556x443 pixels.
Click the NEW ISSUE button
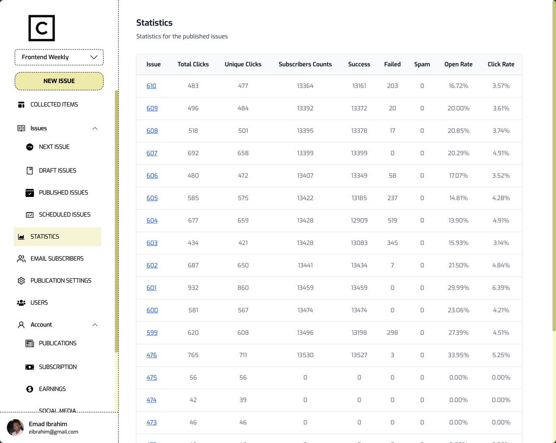pos(59,81)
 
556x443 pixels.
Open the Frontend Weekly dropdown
pos(59,57)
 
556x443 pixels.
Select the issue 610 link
pos(151,86)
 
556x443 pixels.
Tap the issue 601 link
pos(151,288)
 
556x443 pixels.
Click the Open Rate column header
pos(458,64)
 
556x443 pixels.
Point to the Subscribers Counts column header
pos(305,64)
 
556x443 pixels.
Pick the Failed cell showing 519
pos(392,221)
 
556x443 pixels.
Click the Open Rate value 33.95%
pos(458,355)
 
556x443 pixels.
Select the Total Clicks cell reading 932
pos(193,288)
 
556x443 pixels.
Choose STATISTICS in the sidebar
pos(45,237)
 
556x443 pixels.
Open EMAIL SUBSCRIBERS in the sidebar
pos(57,259)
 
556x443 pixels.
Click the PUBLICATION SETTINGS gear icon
pos(21,281)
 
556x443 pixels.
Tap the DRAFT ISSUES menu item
pos(58,171)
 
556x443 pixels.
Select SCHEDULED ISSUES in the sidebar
pos(64,215)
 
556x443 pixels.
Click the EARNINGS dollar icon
pos(30,389)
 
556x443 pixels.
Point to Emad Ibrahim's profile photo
pos(16,428)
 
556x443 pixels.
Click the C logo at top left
pos(41,28)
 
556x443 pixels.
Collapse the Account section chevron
pos(95,325)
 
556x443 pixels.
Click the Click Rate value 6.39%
pos(501,288)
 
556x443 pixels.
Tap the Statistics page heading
pos(154,23)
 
